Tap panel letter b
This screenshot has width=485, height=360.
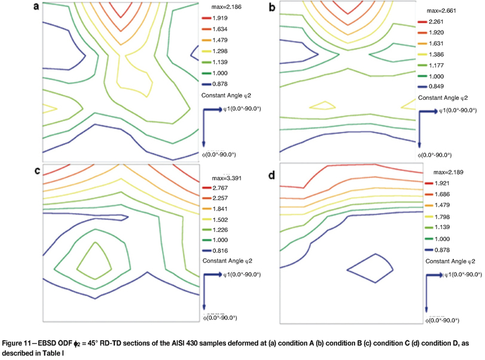(273, 7)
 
